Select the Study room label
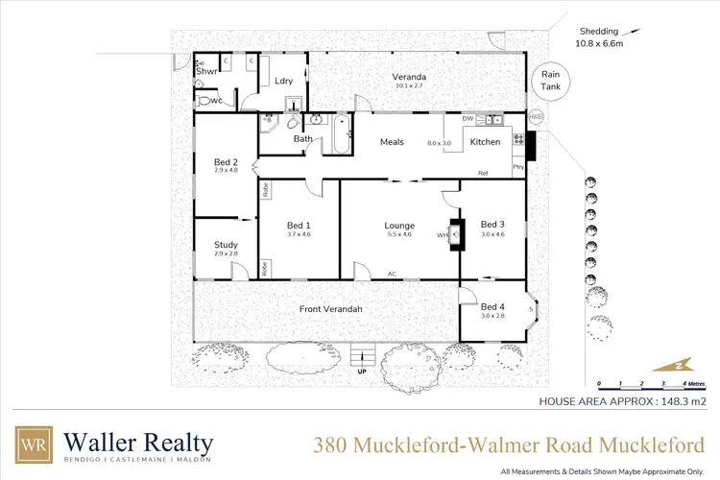click(226, 245)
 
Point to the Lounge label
click(399, 227)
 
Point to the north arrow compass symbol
click(672, 365)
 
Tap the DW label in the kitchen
click(468, 119)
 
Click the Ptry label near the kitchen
click(517, 167)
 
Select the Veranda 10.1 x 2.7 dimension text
click(409, 85)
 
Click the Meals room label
click(392, 142)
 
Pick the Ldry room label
click(283, 82)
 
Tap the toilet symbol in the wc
click(204, 99)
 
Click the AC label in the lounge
click(392, 274)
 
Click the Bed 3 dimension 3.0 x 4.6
click(492, 234)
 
